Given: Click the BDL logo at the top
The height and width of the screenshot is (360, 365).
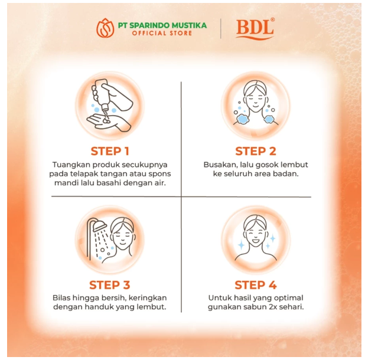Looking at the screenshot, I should (255, 28).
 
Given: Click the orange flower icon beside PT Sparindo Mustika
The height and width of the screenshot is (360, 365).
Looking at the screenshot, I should (106, 28).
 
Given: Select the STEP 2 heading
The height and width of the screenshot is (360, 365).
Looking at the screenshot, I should (255, 150).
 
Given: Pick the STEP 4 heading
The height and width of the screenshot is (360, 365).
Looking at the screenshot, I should (255, 285).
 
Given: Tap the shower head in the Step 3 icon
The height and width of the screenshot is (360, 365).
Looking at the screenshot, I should (95, 227).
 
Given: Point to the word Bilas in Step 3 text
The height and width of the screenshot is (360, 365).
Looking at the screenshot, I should (64, 298).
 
